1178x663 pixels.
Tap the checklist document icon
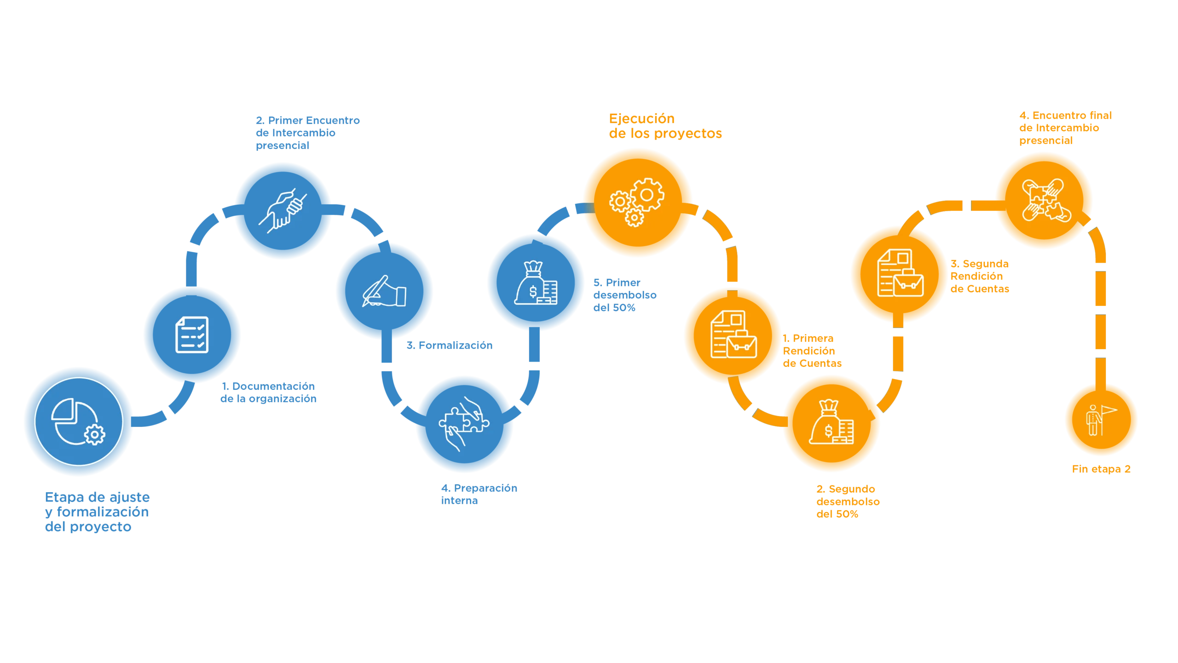click(x=192, y=334)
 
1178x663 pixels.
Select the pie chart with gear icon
click(x=78, y=422)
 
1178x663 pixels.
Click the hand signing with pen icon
click(x=384, y=291)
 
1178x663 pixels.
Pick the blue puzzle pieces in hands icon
click(x=464, y=423)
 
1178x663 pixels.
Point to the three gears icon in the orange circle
click(x=637, y=202)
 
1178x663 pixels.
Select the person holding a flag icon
click(x=1100, y=420)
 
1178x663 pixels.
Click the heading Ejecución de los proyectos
click(x=664, y=126)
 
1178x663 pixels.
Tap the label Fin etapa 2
click(x=1102, y=469)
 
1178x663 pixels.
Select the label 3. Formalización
click(x=449, y=345)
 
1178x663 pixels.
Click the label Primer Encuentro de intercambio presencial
click(x=307, y=133)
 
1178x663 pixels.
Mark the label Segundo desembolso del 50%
click(x=848, y=501)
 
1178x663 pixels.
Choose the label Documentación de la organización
click(x=269, y=392)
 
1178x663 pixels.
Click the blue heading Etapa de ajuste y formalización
click(x=98, y=512)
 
